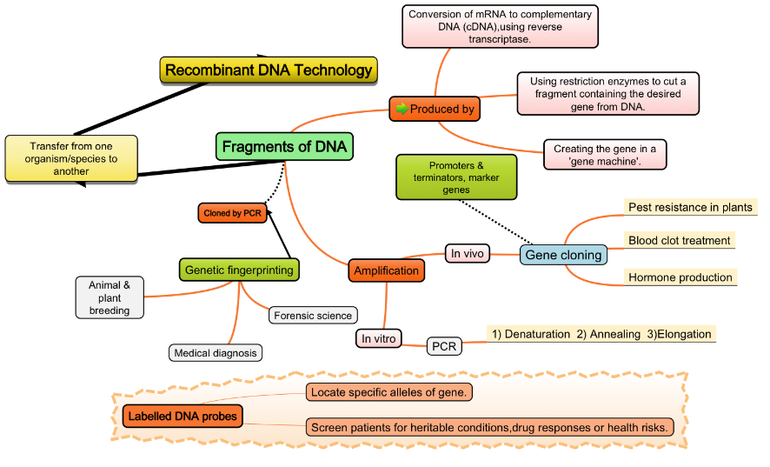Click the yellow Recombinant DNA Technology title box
click(268, 70)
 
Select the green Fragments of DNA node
click(284, 147)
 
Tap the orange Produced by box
click(435, 110)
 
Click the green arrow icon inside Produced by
click(402, 110)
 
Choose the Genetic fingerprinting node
click(239, 270)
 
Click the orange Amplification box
click(386, 270)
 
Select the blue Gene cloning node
click(563, 256)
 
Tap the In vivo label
click(468, 253)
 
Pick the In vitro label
click(378, 338)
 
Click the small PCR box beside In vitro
click(444, 346)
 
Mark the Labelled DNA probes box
click(183, 417)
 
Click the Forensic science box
click(313, 316)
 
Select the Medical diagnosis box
click(215, 352)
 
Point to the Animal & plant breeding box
click(110, 297)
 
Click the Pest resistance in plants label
click(690, 207)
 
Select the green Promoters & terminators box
click(456, 177)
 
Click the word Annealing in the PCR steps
click(614, 334)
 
